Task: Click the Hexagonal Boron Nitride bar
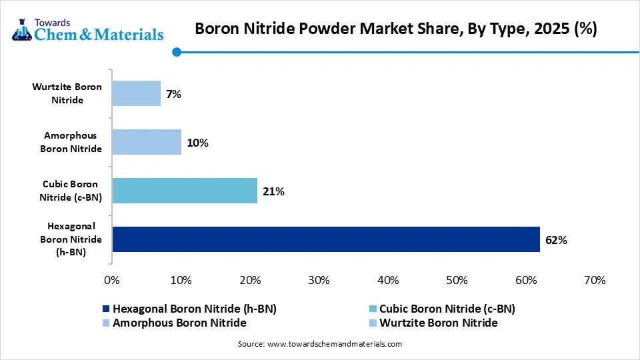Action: click(x=325, y=239)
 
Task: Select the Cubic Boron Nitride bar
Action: click(x=185, y=191)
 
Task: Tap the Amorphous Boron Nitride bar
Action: click(x=147, y=142)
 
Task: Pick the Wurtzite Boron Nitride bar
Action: click(x=136, y=93)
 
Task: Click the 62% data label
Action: click(x=556, y=240)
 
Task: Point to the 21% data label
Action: click(x=274, y=191)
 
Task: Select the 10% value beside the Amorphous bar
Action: click(x=198, y=143)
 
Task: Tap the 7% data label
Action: click(x=174, y=94)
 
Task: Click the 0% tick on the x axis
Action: click(x=112, y=281)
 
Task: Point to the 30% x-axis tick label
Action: click(x=319, y=281)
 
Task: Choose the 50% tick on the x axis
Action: click(x=457, y=281)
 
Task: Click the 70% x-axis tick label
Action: click(x=595, y=281)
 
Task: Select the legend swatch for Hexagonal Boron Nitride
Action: click(x=105, y=309)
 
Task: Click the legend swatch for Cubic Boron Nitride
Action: click(x=372, y=309)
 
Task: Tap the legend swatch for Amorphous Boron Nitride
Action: click(x=105, y=323)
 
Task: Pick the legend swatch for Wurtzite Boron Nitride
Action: click(x=372, y=323)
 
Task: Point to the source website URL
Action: click(x=334, y=344)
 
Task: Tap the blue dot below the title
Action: click(x=177, y=52)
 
